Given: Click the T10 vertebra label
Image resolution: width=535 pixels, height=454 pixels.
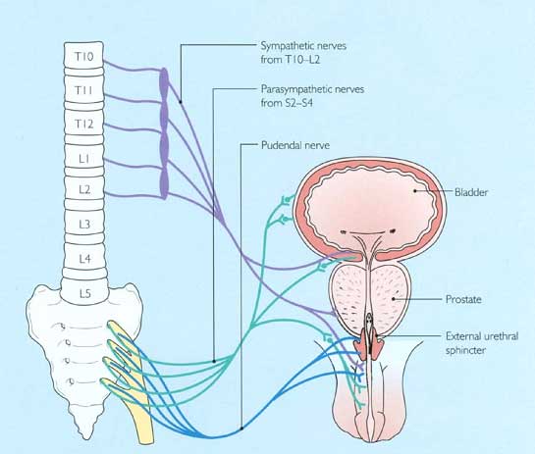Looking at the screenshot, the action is point(84,56).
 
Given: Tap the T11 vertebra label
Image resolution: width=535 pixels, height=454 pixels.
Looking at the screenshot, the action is point(84,90).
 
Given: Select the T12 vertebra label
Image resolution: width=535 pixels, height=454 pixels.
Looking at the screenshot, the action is point(84,125).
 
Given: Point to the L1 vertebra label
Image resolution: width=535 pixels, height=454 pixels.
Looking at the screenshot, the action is point(84,159).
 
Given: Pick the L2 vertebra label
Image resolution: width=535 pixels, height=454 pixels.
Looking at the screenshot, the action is point(84,189).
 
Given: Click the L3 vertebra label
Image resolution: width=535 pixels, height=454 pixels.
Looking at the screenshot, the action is point(84,225).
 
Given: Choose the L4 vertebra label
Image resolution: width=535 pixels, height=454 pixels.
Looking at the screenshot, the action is point(85,259).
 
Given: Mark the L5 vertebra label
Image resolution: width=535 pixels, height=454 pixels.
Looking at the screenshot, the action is point(85,293).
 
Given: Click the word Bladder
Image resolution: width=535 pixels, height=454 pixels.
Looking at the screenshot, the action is point(471,192).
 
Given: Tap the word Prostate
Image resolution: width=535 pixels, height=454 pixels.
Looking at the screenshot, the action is point(463,299).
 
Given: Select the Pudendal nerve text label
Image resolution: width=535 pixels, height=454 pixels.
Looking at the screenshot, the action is point(295,145).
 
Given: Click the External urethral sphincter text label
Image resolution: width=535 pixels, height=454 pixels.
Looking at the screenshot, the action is point(482,343).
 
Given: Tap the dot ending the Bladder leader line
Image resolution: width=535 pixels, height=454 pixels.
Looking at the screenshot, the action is point(415,191).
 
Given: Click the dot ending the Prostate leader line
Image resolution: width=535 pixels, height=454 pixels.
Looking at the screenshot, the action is point(394,299).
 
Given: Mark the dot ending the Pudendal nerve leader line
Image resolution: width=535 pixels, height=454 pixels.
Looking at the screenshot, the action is point(241,429).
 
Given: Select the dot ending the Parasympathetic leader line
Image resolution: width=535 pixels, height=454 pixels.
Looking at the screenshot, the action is point(214,361).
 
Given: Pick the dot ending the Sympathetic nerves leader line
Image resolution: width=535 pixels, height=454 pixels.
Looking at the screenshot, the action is point(181,101).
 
